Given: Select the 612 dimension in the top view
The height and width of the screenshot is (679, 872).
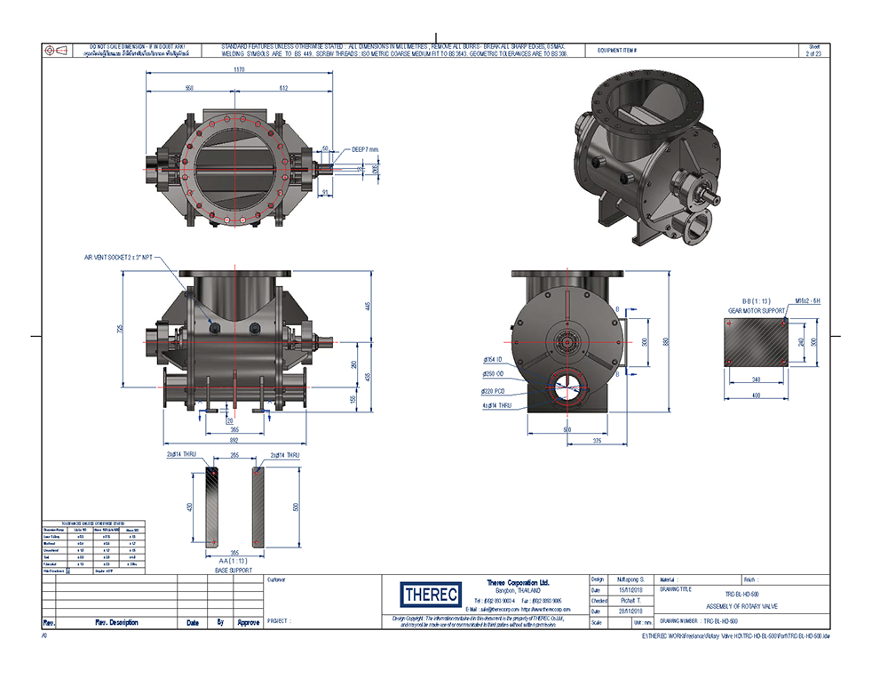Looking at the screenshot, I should coord(283,89).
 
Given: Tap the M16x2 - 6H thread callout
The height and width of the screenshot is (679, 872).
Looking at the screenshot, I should coord(806,302).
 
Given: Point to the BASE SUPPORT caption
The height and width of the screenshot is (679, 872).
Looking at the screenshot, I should coord(234,570).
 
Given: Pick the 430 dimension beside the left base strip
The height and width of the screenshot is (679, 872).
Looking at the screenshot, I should coord(188,507).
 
